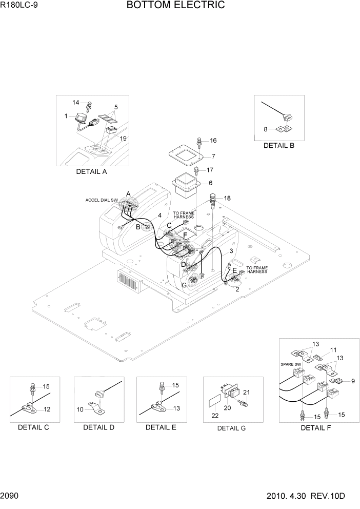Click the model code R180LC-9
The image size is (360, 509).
[20, 6]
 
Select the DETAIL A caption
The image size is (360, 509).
[91, 172]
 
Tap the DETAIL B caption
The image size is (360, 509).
[278, 145]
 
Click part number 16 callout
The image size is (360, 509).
[213, 141]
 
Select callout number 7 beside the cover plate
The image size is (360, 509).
[213, 156]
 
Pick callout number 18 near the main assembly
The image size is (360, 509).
[227, 198]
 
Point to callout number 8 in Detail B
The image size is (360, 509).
[266, 129]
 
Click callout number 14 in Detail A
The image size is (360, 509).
[76, 103]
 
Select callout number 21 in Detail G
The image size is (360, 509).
[246, 393]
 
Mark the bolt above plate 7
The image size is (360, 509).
[199, 141]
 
